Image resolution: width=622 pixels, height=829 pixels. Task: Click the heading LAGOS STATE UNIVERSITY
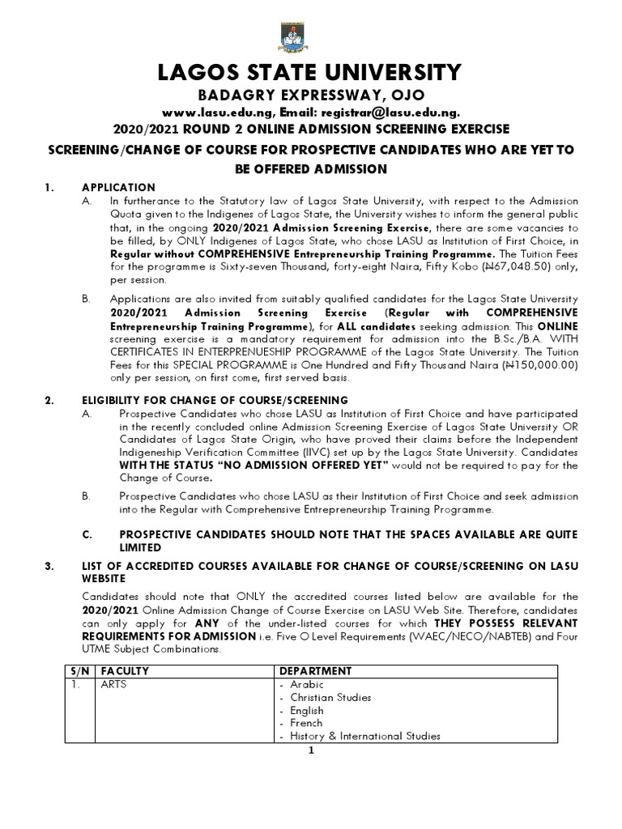(310, 73)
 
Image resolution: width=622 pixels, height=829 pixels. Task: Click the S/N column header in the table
(75, 671)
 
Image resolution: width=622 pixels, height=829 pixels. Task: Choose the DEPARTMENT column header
(316, 671)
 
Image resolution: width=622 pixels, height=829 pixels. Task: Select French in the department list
(306, 723)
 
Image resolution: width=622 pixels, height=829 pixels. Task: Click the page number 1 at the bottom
(311, 750)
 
